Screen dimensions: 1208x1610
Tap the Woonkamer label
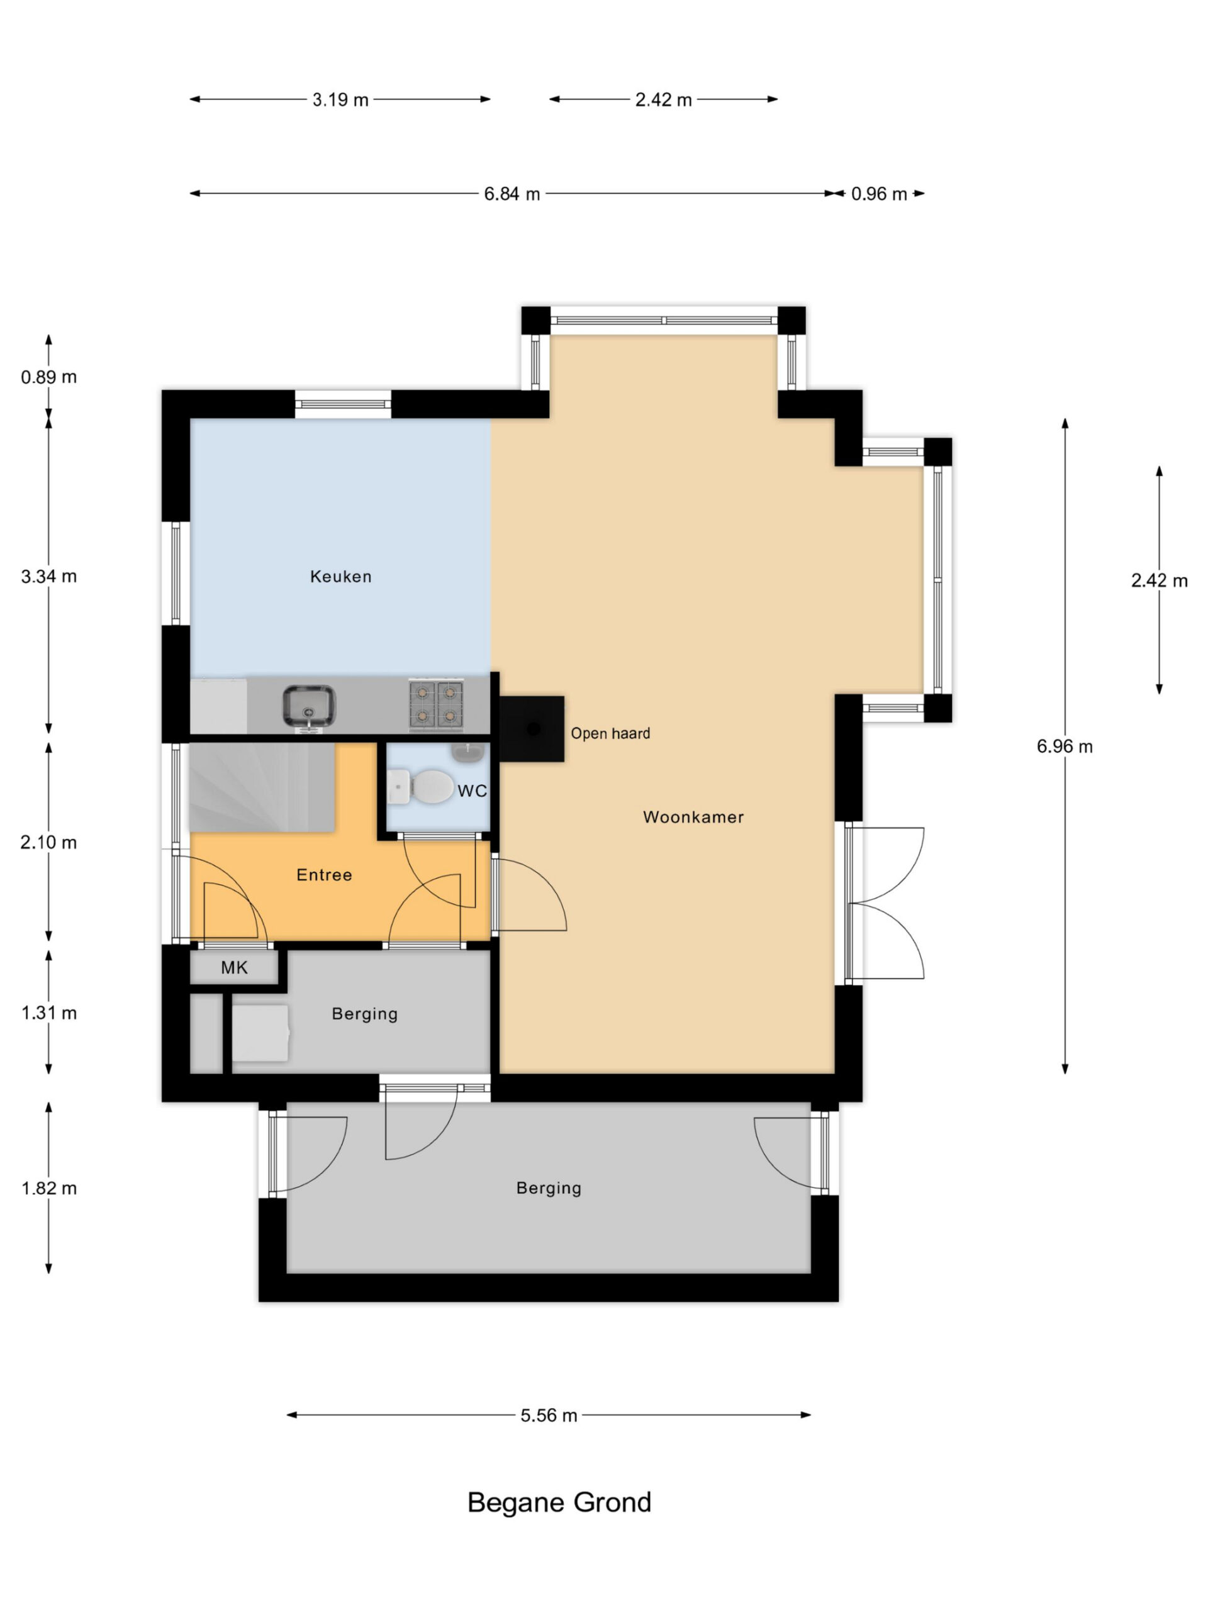pos(693,817)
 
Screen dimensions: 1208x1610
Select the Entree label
pos(324,875)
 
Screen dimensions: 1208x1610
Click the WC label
pos(472,791)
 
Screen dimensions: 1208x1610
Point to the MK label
pos(235,967)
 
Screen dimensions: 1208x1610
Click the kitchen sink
pos(309,706)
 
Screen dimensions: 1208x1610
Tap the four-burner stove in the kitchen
pos(436,704)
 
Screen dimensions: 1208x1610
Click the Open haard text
pos(610,734)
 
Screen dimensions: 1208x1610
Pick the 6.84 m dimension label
pos(512,194)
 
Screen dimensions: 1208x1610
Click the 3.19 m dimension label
pos(340,100)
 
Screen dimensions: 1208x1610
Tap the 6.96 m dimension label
pos(1065,747)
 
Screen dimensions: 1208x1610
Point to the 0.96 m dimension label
pos(879,194)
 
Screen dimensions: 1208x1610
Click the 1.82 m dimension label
pos(49,1189)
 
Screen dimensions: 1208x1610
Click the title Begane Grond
pos(559,1503)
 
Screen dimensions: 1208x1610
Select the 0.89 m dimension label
pos(49,377)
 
